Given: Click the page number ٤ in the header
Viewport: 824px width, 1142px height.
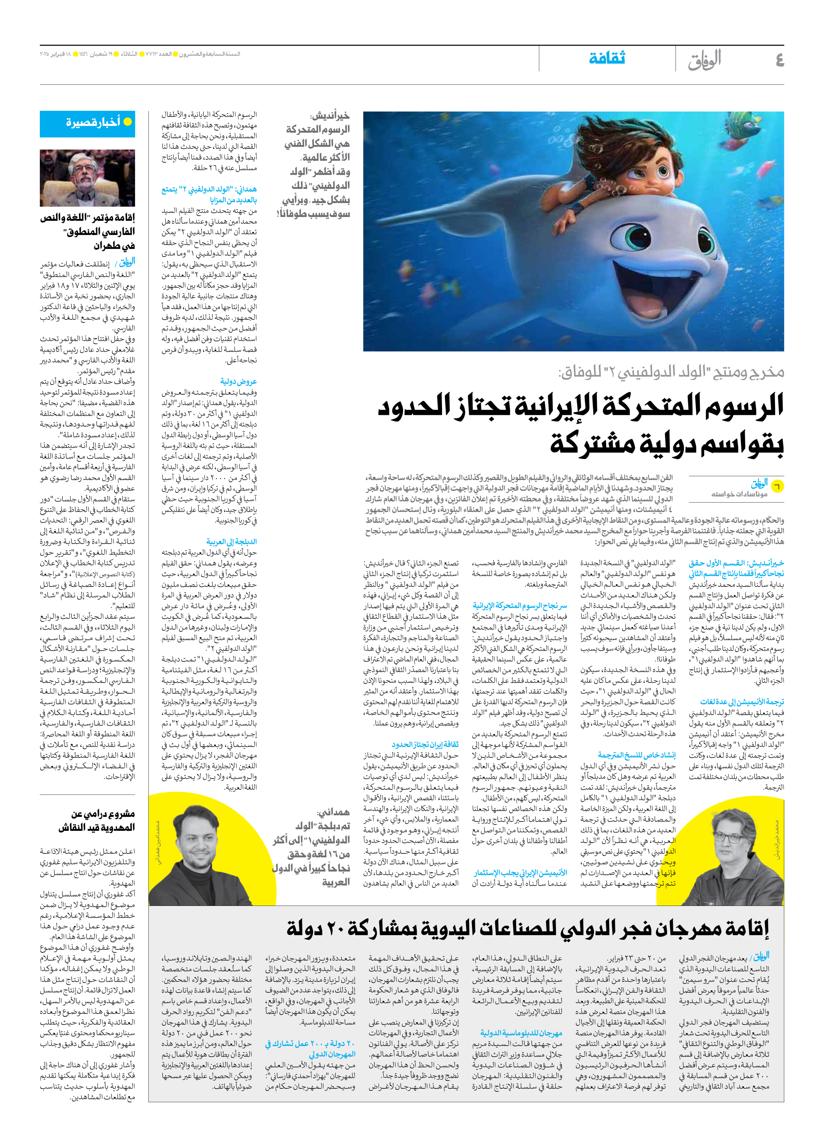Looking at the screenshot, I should click(779, 60).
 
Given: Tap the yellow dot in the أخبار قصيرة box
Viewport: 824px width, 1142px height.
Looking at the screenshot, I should click(128, 122).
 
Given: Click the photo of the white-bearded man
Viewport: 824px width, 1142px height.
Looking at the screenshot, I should click(87, 178).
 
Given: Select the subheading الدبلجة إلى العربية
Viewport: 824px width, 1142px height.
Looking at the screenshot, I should click(231, 542).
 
